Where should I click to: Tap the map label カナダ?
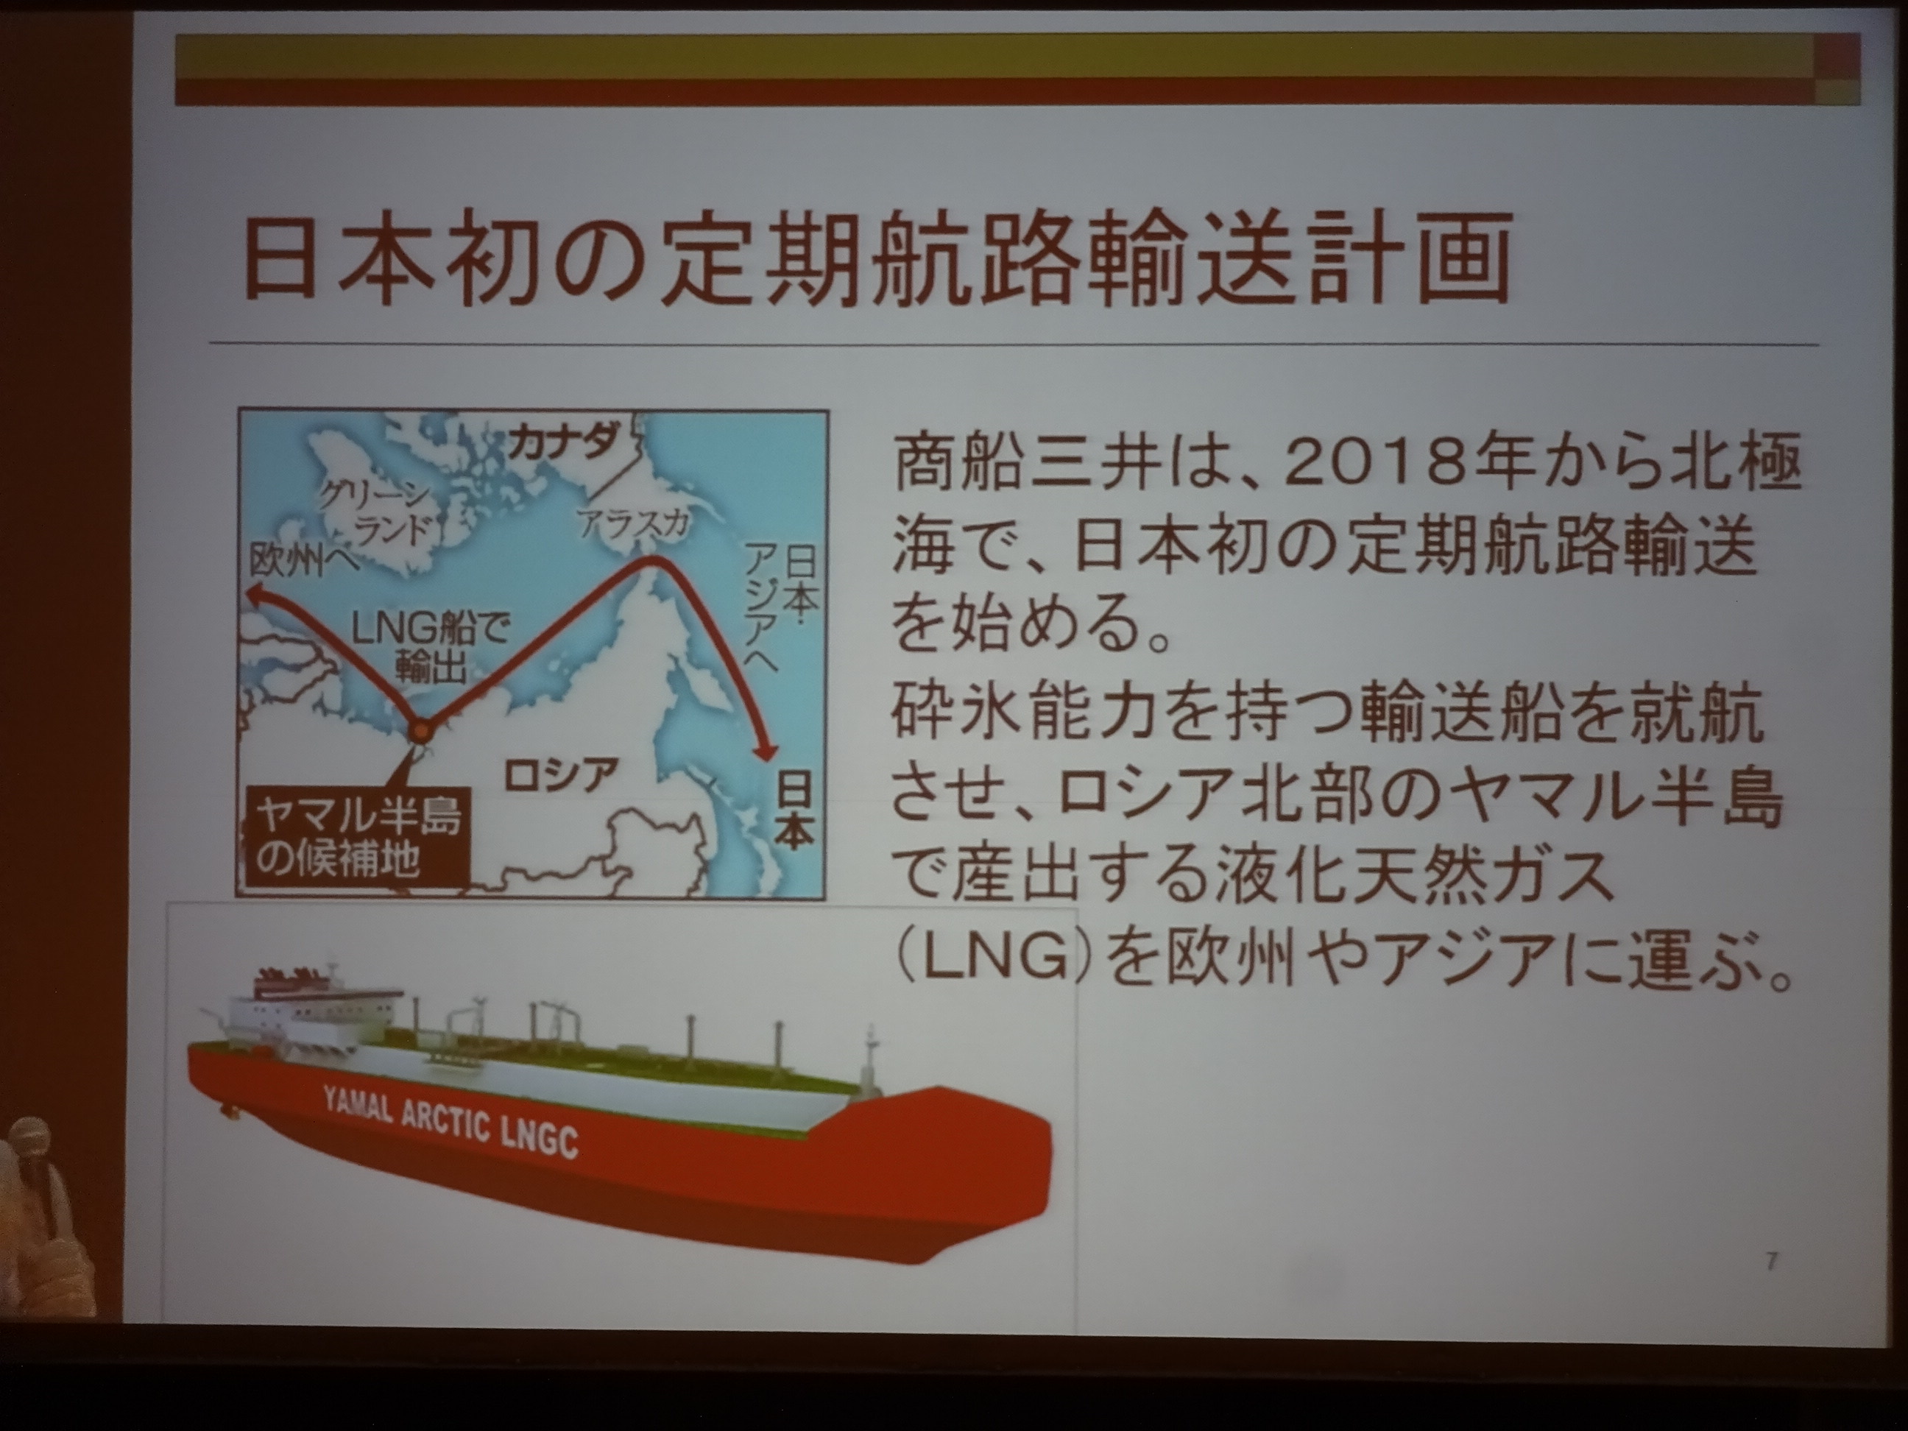click(562, 442)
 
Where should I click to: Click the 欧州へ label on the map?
click(303, 561)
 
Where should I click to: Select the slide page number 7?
click(1772, 1262)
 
